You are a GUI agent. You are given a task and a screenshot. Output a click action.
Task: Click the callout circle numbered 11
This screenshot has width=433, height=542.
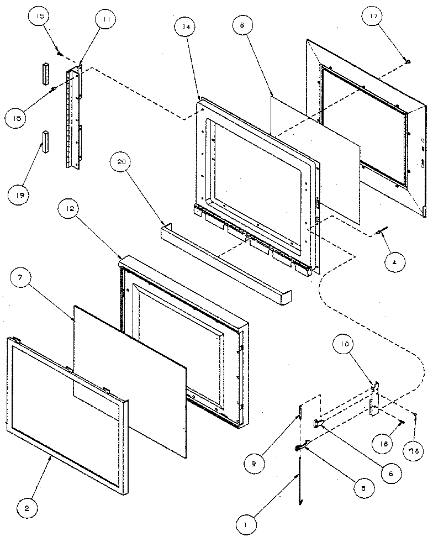[x=104, y=20]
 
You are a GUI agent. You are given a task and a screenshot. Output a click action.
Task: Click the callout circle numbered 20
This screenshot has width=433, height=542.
[x=122, y=162]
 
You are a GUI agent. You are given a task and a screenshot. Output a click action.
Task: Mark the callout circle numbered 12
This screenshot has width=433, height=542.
[x=71, y=210]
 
